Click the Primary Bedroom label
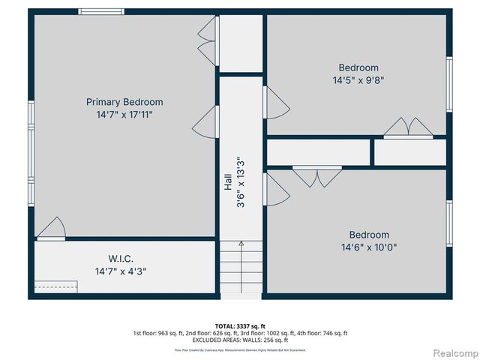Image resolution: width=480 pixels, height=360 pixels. [124, 102]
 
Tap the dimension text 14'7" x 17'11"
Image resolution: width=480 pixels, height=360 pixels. [124, 115]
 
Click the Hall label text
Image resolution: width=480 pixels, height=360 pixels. [228, 182]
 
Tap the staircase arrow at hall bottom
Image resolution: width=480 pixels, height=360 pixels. [241, 244]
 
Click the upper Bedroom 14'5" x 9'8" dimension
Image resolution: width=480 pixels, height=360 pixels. [358, 79]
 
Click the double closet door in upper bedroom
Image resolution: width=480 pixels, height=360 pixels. [407, 128]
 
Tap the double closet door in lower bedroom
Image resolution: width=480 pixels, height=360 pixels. [316, 177]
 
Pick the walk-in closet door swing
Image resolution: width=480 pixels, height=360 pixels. [51, 228]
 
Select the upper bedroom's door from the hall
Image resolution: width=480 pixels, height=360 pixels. [274, 101]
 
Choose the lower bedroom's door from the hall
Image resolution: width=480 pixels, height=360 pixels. [275, 189]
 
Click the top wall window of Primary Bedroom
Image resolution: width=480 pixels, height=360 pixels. [102, 11]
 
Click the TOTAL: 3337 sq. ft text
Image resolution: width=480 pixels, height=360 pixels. [240, 325]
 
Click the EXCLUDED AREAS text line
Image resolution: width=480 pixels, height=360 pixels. [240, 340]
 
